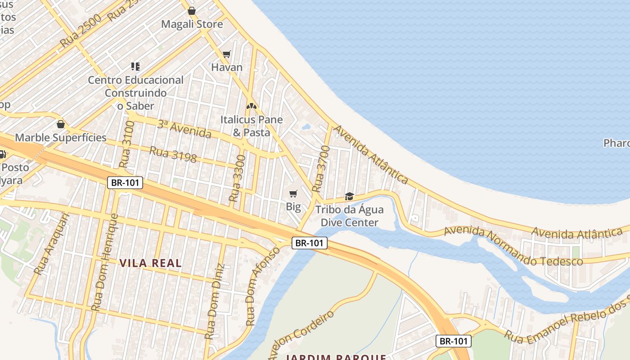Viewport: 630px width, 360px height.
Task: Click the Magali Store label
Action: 192,24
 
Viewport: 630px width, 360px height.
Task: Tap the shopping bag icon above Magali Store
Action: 192,11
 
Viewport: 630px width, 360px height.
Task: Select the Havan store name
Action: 227,67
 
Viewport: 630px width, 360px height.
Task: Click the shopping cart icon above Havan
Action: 227,54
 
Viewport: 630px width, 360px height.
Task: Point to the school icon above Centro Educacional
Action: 135,67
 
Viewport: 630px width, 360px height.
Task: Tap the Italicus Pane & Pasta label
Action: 251,126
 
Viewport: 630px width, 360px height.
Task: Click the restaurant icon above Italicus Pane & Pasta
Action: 251,107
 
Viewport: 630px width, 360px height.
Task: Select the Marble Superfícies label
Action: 61,138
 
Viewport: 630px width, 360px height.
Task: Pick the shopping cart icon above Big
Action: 293,194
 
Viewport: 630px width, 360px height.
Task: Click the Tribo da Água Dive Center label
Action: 349,216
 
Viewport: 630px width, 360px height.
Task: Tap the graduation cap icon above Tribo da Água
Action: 349,196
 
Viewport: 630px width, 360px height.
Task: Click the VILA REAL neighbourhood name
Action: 150,263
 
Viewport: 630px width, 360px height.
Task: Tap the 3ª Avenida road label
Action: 184,129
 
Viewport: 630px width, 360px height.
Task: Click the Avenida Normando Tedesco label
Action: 513,247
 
